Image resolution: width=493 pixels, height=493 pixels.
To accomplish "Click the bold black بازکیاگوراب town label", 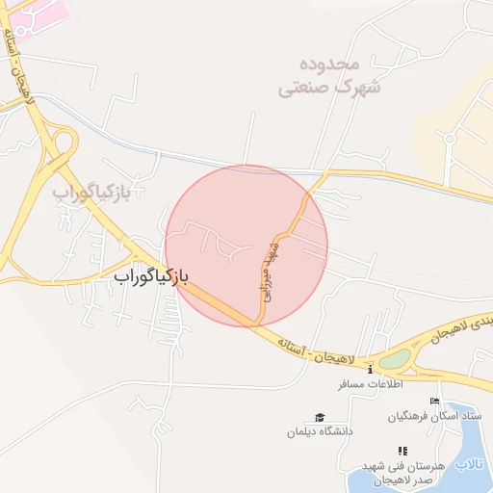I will point(151,276).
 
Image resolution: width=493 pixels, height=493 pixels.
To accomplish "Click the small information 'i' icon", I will point(371,369).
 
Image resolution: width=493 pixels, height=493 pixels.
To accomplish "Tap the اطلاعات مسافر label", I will point(369,383).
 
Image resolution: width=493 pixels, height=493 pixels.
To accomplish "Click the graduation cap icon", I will point(319,417).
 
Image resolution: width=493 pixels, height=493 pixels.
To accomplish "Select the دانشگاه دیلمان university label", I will point(319,430).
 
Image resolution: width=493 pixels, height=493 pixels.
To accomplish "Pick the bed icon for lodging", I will point(434,402).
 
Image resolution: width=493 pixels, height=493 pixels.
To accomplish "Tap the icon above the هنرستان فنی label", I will point(402,450).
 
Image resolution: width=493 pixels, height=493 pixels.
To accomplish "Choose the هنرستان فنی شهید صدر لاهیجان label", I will point(402,472).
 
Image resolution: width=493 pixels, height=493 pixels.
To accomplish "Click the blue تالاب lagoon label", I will point(468,465).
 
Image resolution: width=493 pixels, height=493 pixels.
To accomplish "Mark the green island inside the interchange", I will point(394,360).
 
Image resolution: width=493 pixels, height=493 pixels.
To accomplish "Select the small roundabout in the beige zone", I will point(449,138).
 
